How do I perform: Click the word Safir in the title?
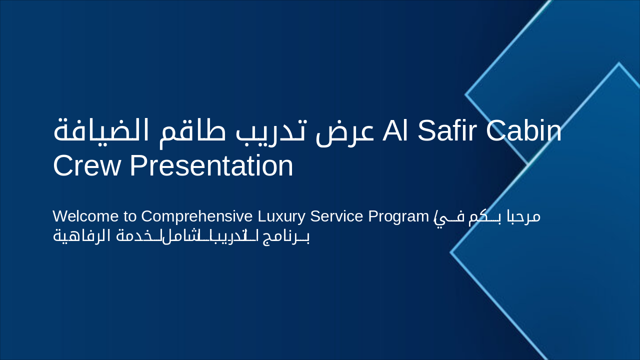(x=445, y=130)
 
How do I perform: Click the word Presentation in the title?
(x=211, y=165)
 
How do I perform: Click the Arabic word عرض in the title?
(x=344, y=130)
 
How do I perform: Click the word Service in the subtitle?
(x=337, y=216)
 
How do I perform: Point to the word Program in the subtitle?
(x=399, y=216)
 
